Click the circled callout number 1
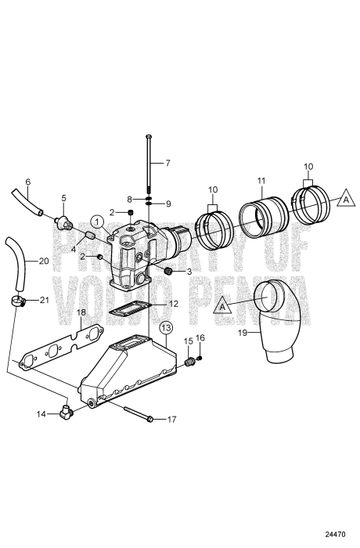(x=95, y=221)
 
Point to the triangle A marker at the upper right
(x=342, y=200)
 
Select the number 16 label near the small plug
(x=200, y=337)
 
